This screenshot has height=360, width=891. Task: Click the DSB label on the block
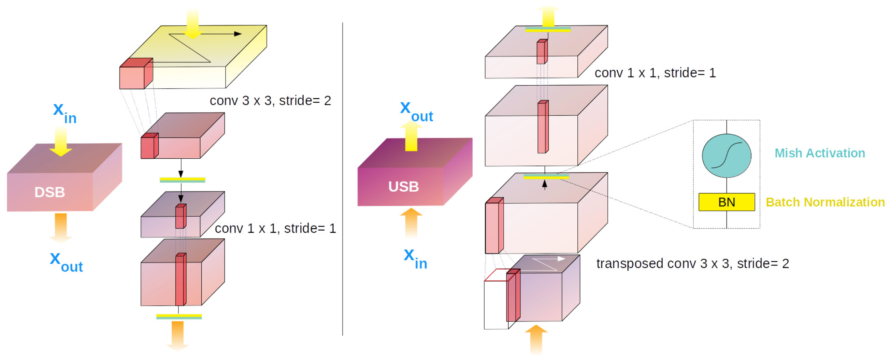[x=49, y=192]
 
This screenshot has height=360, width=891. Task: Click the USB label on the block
[x=403, y=187]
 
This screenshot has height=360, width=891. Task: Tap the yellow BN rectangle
[x=727, y=202]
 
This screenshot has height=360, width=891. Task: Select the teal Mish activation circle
[x=727, y=156]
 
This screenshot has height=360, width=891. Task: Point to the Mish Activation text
[x=819, y=153]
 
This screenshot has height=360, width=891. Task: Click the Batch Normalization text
[x=825, y=202]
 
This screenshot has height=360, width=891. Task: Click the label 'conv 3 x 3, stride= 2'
[x=270, y=101]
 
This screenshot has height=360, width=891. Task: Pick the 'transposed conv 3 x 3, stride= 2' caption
[x=692, y=263]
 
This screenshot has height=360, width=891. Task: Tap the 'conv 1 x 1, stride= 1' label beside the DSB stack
[x=275, y=228]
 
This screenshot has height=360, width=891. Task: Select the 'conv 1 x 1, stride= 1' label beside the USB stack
[x=655, y=73]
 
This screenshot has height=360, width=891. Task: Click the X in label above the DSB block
[x=65, y=113]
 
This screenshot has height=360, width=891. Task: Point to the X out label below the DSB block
[x=67, y=262]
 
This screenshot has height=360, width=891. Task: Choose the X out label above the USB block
[x=416, y=112]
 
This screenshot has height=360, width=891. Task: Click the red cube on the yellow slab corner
[x=135, y=74]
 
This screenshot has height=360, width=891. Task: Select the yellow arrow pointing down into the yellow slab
[x=193, y=24]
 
